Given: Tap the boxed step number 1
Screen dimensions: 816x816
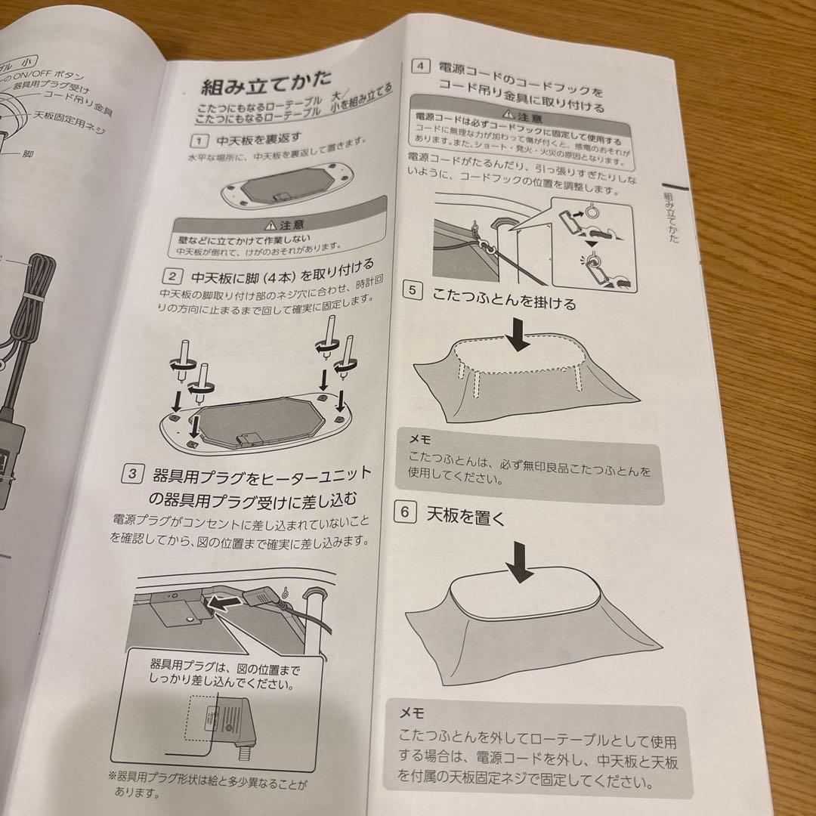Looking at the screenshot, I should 198,141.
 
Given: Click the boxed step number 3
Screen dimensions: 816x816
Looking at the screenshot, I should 132,474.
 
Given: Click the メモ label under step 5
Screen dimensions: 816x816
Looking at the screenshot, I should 421,438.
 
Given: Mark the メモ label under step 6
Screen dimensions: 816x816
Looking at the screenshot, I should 413,713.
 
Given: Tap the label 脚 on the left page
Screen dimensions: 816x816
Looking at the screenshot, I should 28,153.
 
